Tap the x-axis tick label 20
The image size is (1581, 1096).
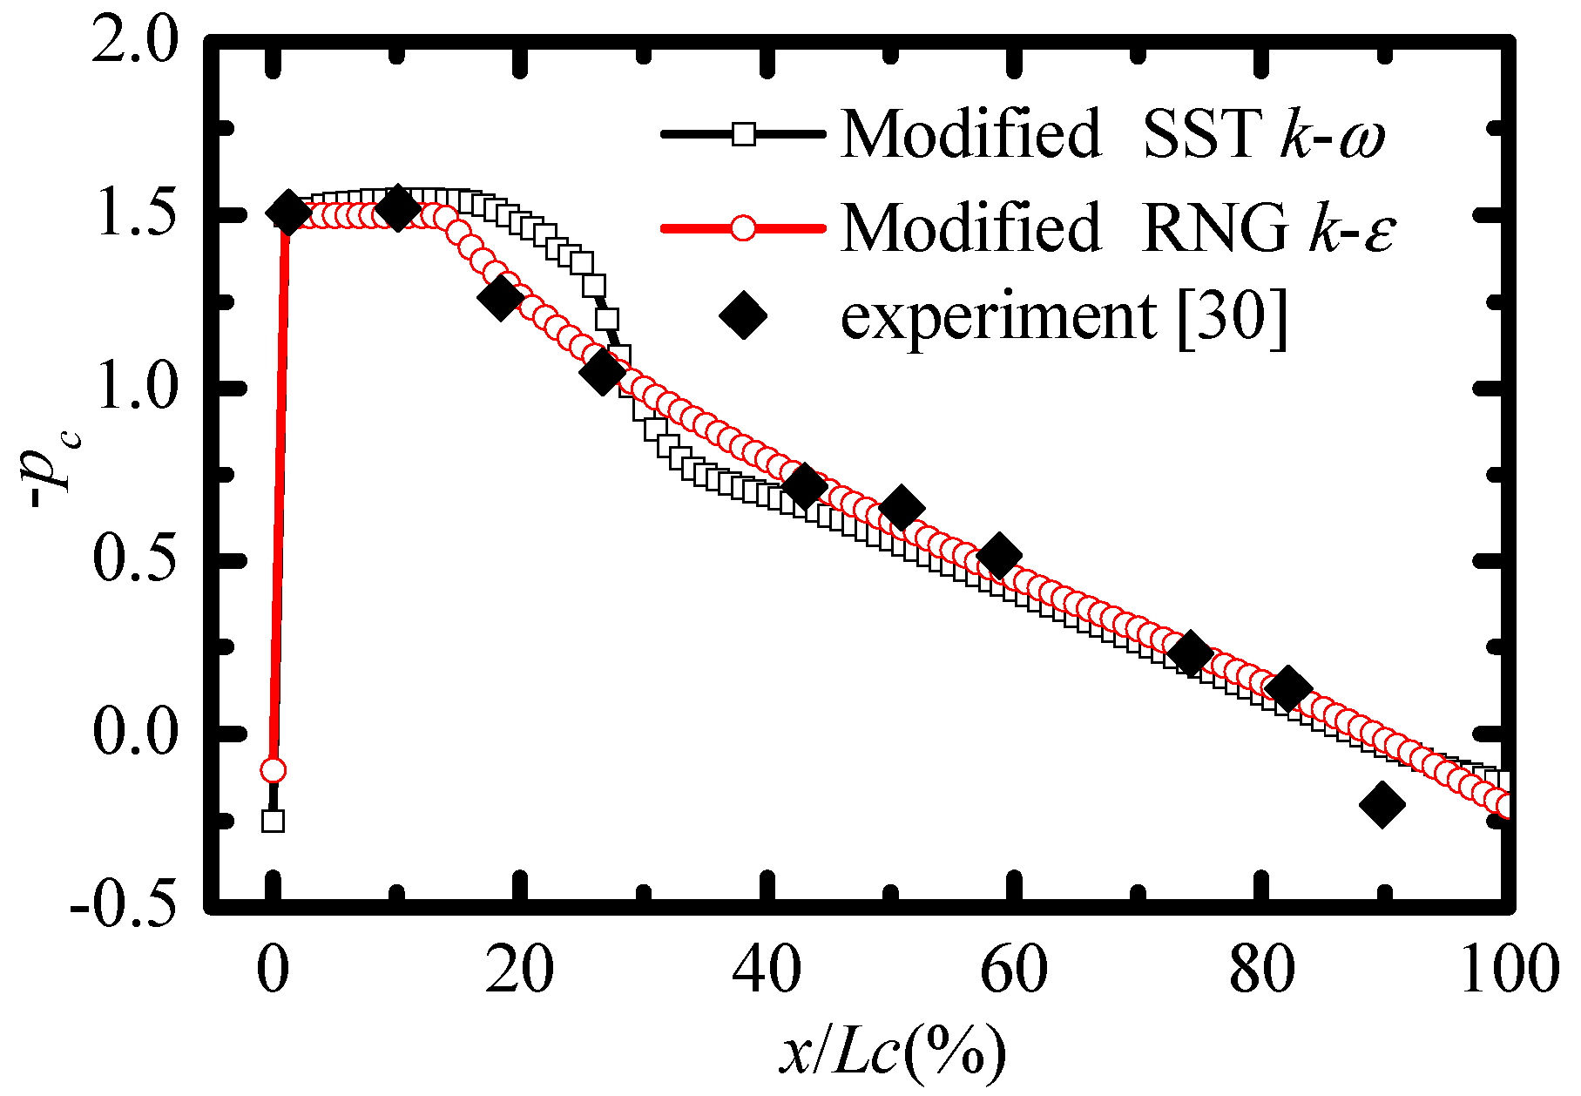pyautogui.click(x=519, y=971)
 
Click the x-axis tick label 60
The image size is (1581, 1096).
pyautogui.click(x=1014, y=971)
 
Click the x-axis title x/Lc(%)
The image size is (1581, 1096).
pyautogui.click(x=892, y=1052)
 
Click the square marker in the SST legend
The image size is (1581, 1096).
pyautogui.click(x=743, y=134)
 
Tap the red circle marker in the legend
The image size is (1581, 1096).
pyautogui.click(x=743, y=228)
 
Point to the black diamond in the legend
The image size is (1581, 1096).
pyautogui.click(x=743, y=315)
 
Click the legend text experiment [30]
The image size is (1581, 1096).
pyautogui.click(x=1063, y=315)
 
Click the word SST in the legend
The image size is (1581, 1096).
pyautogui.click(x=1201, y=134)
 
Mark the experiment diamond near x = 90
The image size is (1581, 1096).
pyautogui.click(x=1382, y=804)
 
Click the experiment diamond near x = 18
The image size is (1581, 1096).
pyautogui.click(x=501, y=298)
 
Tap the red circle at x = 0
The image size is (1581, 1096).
pyautogui.click(x=274, y=770)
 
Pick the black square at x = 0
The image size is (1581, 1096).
pyautogui.click(x=274, y=821)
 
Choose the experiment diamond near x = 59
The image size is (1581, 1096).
pyautogui.click(x=999, y=556)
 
